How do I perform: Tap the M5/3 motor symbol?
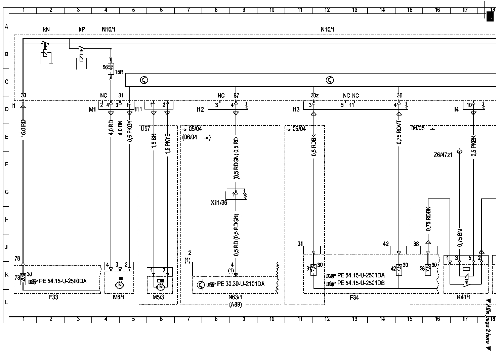click(161, 286)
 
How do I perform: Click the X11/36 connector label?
click(219, 203)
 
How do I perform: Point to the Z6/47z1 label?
click(443, 154)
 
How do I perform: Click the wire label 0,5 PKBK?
click(474, 145)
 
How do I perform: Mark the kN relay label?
click(46, 30)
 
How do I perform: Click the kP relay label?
click(81, 30)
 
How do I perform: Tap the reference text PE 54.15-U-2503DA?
click(62, 281)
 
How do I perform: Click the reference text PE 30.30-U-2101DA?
click(240, 284)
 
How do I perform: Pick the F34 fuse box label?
click(354, 297)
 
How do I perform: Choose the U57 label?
click(145, 129)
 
